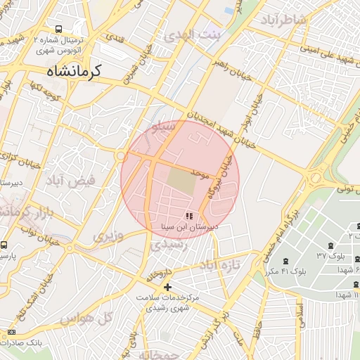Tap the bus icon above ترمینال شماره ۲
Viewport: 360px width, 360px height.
tap(58, 29)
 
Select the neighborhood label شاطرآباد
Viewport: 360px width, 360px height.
tap(283, 20)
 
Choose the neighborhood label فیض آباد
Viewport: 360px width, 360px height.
tap(70, 181)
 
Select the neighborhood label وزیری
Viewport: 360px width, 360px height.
tap(108, 236)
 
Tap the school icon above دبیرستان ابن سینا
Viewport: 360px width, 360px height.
tap(188, 216)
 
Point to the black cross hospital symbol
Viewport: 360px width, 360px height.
tap(167, 287)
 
